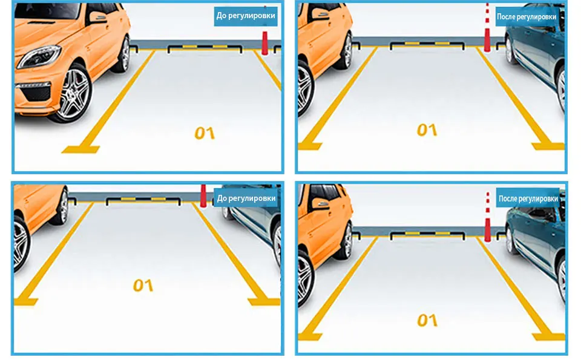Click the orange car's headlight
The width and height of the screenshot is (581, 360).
(39, 56)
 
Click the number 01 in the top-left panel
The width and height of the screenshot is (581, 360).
(205, 133)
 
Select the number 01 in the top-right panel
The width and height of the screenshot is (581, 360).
(427, 129)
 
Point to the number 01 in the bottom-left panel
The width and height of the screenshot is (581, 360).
(143, 285)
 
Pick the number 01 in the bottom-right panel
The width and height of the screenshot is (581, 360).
(427, 321)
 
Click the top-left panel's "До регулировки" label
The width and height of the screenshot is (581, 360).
(246, 16)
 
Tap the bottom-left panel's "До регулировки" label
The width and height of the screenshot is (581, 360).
(246, 198)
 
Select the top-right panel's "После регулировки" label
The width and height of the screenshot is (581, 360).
(526, 17)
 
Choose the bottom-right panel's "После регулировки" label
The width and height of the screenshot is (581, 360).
(528, 198)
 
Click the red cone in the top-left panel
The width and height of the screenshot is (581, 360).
(264, 43)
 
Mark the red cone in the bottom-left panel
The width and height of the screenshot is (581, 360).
(203, 195)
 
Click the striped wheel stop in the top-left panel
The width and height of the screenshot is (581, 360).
(205, 48)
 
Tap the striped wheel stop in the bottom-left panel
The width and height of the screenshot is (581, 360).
(143, 201)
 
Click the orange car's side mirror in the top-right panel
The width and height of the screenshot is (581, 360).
(320, 14)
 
